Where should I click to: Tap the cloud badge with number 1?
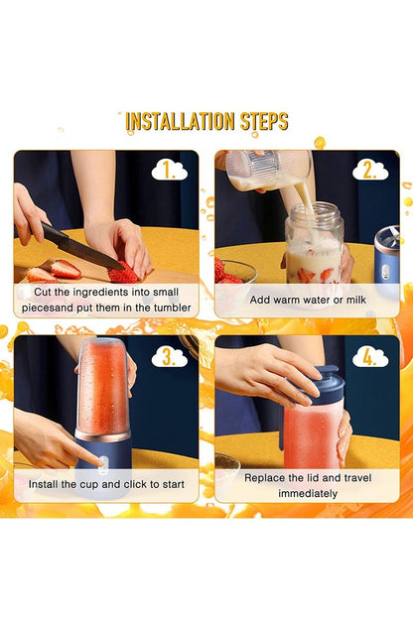coord(170,171)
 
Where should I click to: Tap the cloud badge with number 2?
coord(369,171)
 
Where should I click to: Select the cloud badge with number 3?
coord(170,356)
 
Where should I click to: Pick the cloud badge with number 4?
coord(369,356)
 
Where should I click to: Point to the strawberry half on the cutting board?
coord(66,269)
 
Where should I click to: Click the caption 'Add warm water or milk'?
coord(307,299)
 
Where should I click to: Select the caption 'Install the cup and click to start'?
coord(105,483)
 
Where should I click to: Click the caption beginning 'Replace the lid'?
coord(307,484)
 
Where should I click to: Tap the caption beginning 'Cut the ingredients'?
coord(105,299)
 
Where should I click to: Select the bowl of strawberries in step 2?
coord(234,270)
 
